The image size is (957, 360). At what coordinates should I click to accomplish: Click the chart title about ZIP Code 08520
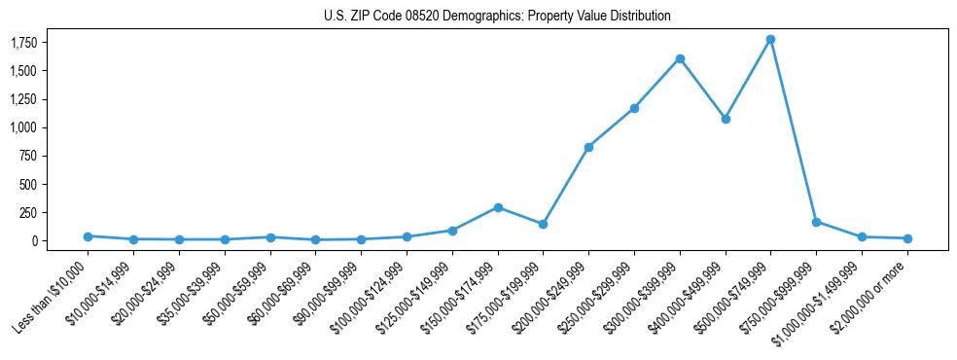tap(497, 17)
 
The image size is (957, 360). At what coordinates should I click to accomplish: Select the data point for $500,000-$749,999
tap(770, 40)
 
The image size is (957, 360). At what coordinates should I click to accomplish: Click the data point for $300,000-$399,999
tap(680, 58)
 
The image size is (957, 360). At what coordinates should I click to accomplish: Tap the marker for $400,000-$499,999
tap(726, 119)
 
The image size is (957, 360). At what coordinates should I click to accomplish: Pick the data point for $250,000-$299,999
tap(634, 108)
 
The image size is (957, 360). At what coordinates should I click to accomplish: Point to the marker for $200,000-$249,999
tap(588, 147)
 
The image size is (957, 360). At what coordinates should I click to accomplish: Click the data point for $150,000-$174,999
tap(498, 207)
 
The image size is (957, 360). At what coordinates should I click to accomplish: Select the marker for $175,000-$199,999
tap(543, 224)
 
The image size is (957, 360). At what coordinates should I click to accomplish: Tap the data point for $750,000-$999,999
tap(816, 222)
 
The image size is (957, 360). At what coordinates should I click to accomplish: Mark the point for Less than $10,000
tap(88, 236)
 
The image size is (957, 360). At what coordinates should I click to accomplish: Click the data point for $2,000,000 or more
tap(907, 238)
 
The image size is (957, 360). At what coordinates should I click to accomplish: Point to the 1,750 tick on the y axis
tap(38, 43)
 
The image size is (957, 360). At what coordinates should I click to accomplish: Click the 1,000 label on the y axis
tap(38, 127)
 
